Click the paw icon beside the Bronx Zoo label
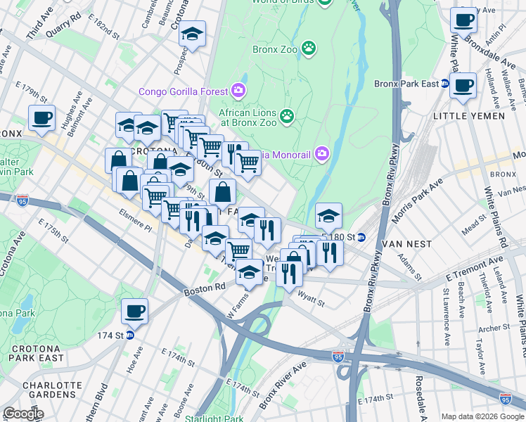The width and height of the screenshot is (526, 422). (x=308, y=48)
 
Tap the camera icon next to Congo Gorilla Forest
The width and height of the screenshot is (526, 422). (x=238, y=91)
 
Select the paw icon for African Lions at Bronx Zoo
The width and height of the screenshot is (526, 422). (x=286, y=115)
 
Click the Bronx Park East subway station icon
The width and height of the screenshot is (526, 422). (x=445, y=84)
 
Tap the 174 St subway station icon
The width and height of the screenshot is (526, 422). (x=130, y=335)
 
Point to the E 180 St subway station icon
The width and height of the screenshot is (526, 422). (x=361, y=237)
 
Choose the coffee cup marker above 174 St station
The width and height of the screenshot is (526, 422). (x=134, y=310)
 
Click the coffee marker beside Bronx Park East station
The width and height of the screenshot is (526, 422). (x=462, y=85)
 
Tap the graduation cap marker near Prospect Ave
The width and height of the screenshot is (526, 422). (x=191, y=34)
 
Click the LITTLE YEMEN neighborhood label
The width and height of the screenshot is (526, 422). (x=468, y=116)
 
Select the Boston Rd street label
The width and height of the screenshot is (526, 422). (x=205, y=287)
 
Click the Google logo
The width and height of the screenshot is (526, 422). (x=23, y=414)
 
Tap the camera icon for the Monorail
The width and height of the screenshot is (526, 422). (x=322, y=153)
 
